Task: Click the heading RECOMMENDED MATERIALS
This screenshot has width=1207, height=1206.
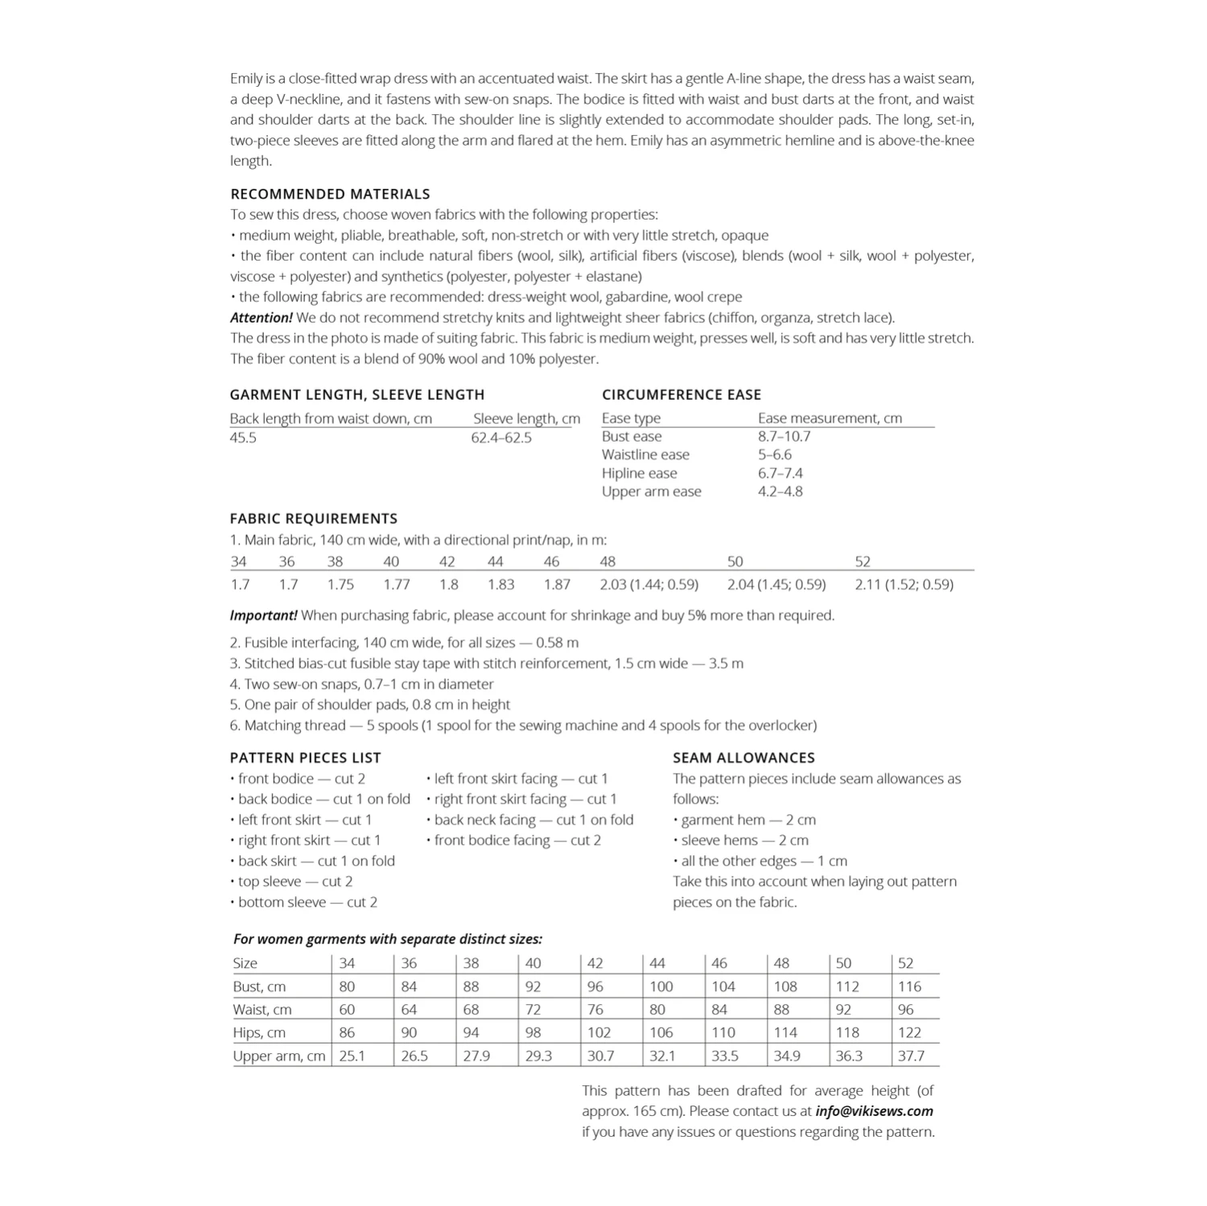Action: click(330, 194)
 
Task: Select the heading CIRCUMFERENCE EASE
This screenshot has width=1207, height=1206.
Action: click(681, 394)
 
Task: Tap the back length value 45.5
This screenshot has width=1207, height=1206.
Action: click(243, 438)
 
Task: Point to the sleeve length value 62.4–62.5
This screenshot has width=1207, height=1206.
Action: click(501, 438)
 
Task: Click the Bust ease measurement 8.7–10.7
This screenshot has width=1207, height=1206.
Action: click(784, 436)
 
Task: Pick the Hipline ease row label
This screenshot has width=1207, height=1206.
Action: click(639, 473)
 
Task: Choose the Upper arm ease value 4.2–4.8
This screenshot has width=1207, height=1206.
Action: click(780, 492)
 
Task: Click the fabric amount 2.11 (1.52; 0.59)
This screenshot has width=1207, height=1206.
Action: click(904, 584)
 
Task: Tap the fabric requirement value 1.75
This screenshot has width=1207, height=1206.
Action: click(340, 584)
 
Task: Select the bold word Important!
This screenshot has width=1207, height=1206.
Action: click(263, 615)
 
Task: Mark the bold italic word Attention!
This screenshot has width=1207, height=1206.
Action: click(262, 318)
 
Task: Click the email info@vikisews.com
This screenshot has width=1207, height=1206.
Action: click(874, 1111)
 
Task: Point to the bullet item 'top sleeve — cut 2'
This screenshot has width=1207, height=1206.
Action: click(295, 882)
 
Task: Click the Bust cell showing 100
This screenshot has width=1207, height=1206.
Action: click(661, 986)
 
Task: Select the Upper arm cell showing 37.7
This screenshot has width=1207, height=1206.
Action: click(911, 1056)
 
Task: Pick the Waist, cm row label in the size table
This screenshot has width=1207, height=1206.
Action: click(262, 1010)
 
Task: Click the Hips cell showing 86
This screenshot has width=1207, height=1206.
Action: click(347, 1032)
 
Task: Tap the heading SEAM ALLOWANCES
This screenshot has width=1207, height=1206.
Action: click(744, 758)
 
